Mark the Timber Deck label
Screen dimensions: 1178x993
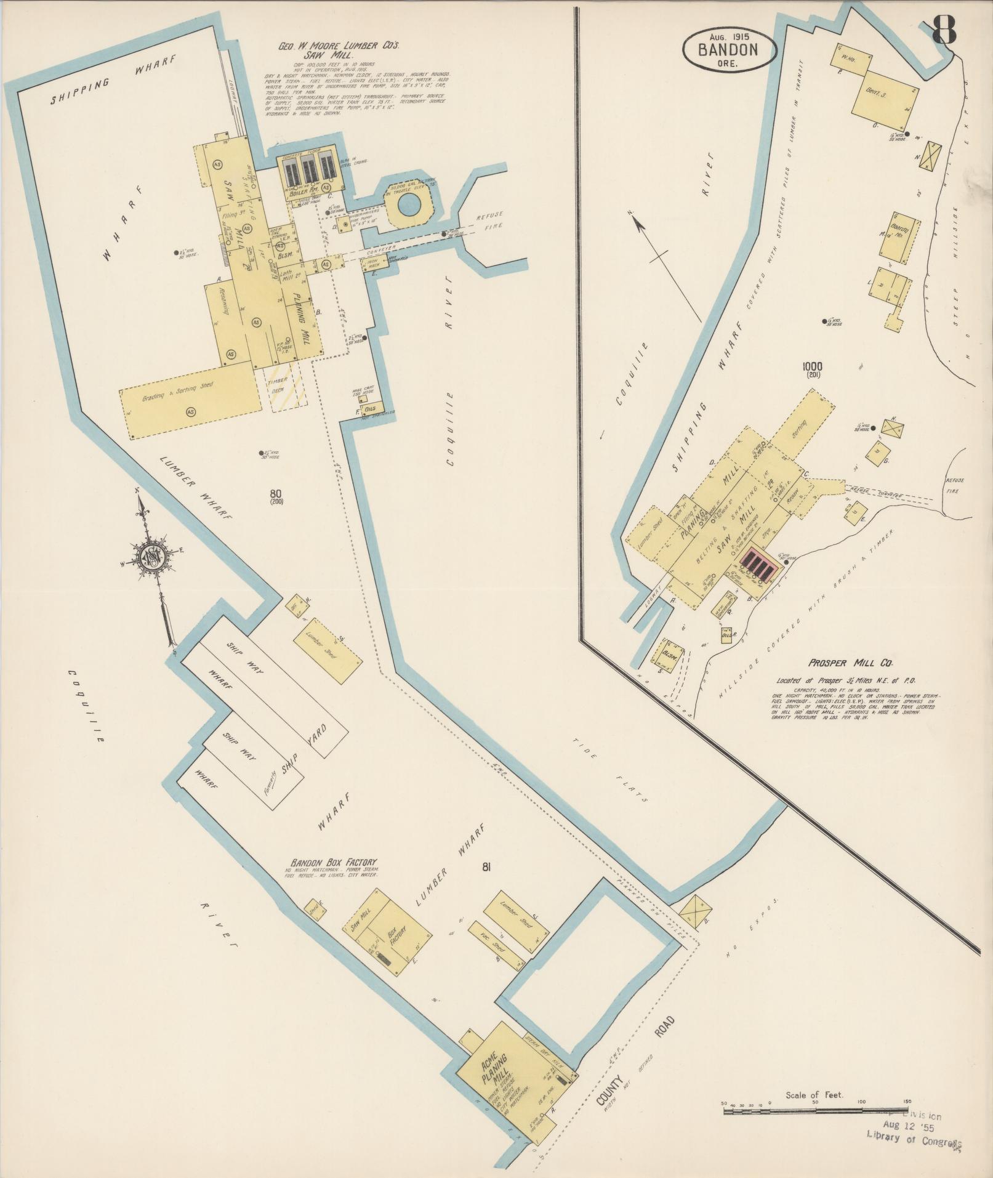click(279, 385)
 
